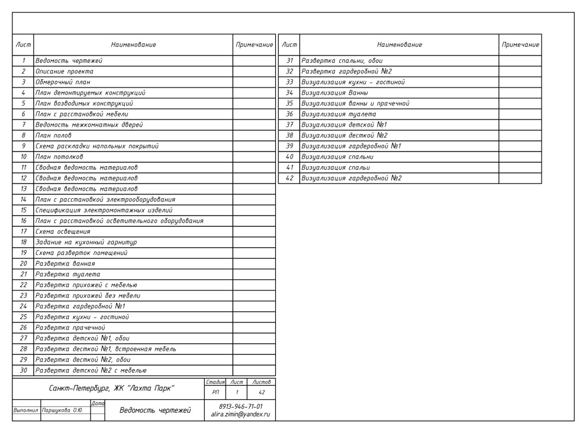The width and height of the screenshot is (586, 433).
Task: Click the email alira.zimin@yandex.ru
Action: [236, 415]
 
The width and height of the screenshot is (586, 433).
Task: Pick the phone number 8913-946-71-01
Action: [236, 406]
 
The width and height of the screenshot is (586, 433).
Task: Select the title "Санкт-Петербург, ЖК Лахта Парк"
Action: [107, 388]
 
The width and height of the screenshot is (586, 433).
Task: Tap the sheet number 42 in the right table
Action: [289, 178]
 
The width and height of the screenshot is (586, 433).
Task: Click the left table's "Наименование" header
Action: [133, 45]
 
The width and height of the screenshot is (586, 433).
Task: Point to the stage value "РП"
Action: [214, 392]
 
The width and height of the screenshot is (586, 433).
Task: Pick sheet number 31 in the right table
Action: [289, 60]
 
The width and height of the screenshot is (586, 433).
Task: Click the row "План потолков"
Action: [59, 157]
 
